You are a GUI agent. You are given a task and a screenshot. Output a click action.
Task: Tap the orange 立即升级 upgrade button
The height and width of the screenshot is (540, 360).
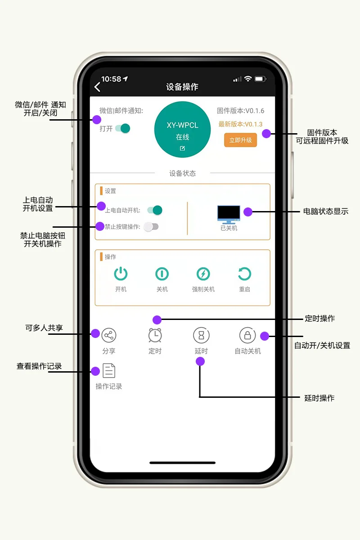240,140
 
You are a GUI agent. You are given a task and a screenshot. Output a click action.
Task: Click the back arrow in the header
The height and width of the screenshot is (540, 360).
97,87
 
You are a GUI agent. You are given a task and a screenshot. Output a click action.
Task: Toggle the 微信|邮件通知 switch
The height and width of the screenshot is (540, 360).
122,129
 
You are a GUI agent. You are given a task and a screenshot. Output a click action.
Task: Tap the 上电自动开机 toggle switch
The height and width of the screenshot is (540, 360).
154,210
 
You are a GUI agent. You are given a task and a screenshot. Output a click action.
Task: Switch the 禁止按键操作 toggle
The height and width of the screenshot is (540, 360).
151,227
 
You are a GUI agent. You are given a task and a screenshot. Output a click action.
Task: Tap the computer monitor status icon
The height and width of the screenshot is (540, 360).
229,214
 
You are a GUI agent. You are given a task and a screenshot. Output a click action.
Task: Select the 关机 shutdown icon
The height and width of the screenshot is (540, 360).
162,274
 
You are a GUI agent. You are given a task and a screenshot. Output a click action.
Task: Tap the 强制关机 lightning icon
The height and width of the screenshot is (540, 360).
203,274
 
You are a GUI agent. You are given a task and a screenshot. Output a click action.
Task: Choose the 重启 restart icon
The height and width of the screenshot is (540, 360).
244,274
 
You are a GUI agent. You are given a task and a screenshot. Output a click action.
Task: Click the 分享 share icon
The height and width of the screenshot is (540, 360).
109,335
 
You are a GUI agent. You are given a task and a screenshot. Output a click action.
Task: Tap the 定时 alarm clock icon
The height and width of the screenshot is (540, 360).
155,335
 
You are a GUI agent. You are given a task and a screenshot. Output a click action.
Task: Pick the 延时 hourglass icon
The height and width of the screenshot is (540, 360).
201,335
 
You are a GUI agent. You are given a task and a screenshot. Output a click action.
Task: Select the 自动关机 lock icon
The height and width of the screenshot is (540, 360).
247,335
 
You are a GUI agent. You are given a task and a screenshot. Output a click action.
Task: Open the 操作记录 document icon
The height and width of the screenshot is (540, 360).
109,370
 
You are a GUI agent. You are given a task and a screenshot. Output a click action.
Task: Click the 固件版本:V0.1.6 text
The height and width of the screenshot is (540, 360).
240,111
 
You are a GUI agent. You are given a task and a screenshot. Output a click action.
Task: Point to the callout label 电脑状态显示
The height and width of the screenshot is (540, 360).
326,211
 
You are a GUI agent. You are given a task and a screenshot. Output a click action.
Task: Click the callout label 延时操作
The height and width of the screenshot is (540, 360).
319,398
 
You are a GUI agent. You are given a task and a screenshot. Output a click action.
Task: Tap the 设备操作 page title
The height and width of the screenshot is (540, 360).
182,87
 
